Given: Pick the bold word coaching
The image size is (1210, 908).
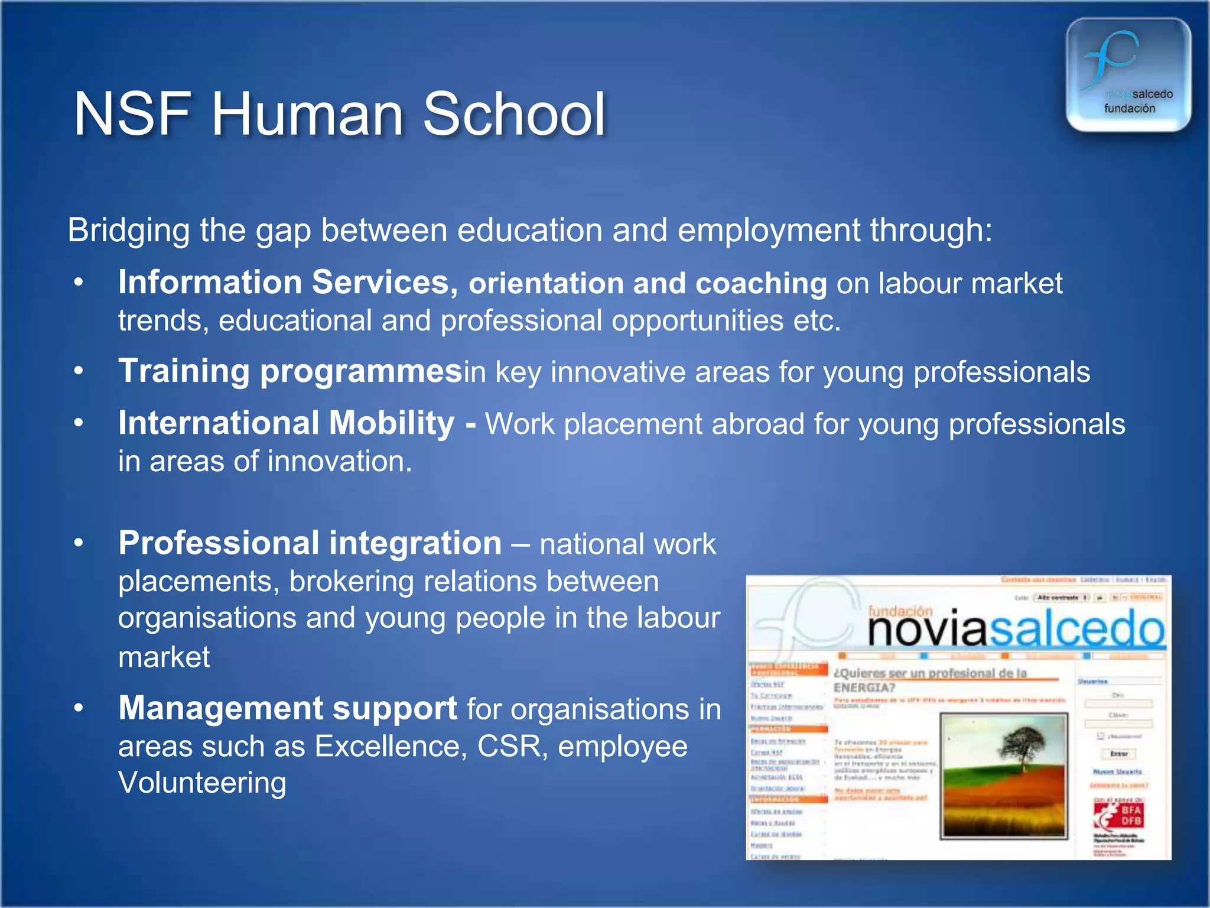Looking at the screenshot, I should [761, 284].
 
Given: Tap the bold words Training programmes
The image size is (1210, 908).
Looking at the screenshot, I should [290, 372].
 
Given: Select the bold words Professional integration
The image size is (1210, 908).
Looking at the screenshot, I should [310, 543].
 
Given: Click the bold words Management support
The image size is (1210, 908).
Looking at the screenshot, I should [287, 708].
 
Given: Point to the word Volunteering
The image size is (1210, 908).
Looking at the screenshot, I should [202, 783].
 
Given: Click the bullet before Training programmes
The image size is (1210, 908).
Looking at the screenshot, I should [79, 371].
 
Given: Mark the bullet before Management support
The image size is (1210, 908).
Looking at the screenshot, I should [79, 708].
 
